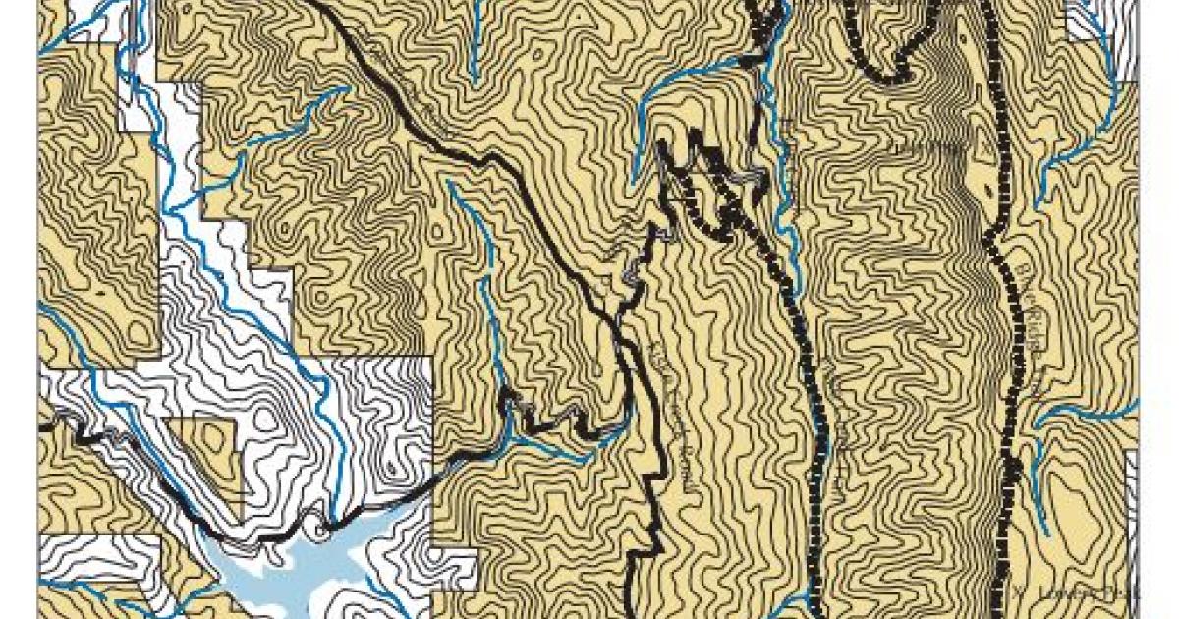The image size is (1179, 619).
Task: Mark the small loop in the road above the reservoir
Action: coord(320,529)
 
